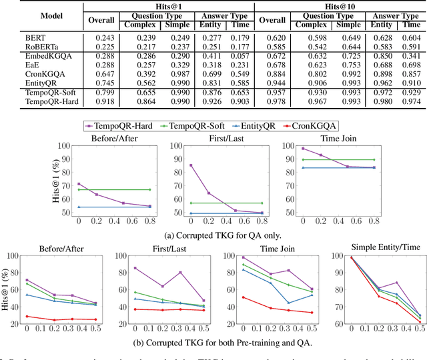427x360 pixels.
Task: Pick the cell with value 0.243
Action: click(x=101, y=37)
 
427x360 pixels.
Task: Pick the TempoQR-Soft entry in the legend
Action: click(x=197, y=125)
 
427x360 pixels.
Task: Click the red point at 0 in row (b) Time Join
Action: click(x=243, y=297)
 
